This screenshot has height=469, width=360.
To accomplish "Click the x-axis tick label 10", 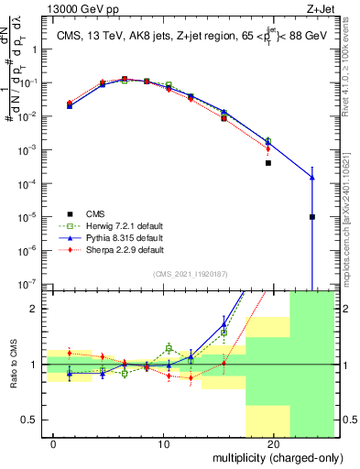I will tap(165, 443).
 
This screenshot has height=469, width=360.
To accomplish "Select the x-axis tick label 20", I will tap(273, 443).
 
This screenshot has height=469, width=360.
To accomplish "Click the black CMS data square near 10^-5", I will tap(312, 217).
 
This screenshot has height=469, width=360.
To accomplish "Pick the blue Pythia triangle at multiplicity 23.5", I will tap(312, 178).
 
